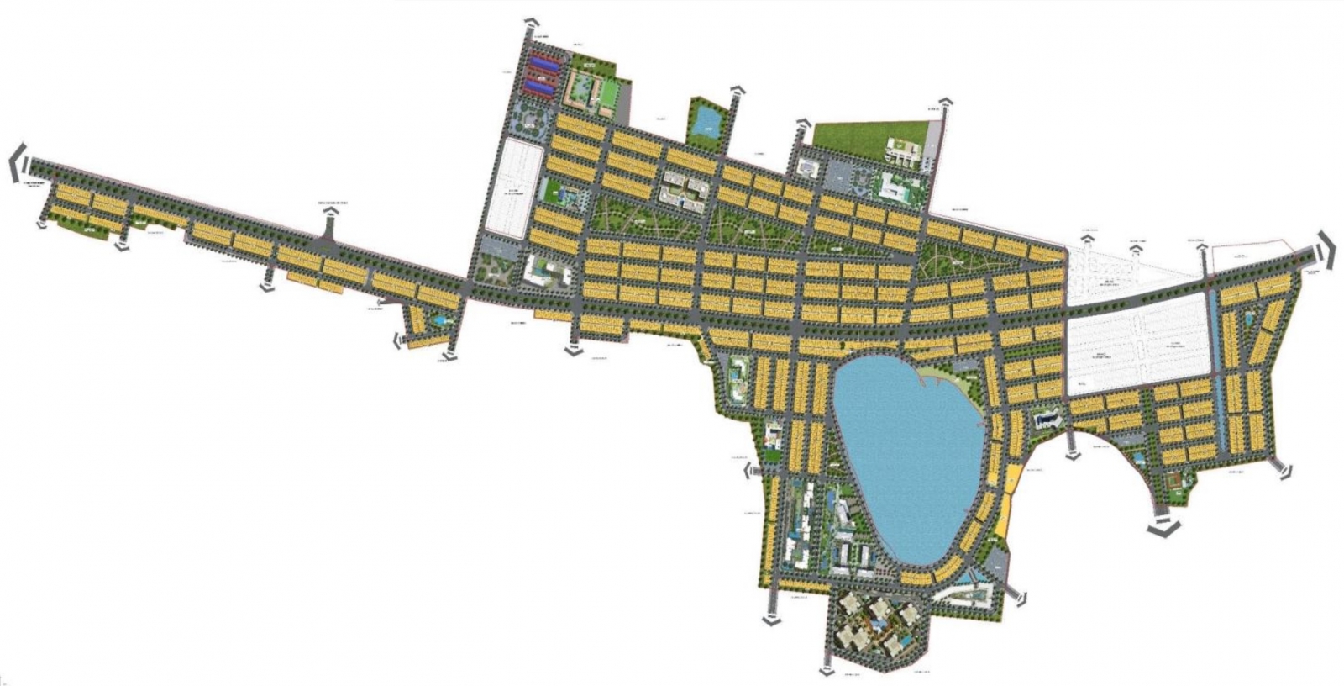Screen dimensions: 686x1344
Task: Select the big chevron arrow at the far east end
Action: [x=1326, y=250]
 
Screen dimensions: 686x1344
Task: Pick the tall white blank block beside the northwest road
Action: [x=514, y=185]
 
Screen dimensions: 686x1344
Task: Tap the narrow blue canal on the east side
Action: [x=1215, y=336]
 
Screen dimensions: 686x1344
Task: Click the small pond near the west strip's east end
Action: [x=438, y=320]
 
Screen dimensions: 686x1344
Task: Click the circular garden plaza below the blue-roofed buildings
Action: [x=531, y=123]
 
